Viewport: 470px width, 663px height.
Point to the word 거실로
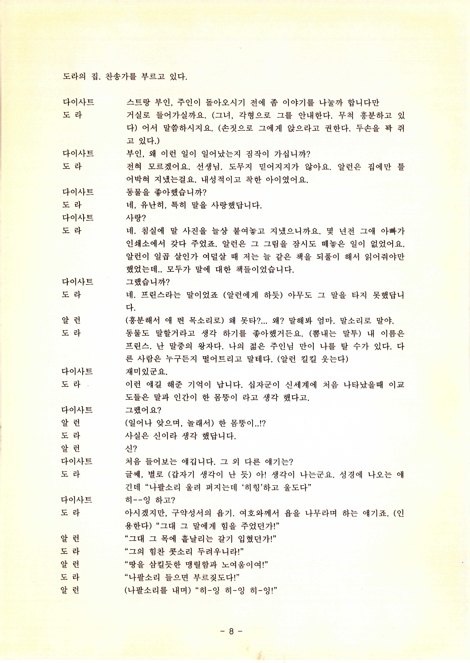pyautogui.click(x=138, y=115)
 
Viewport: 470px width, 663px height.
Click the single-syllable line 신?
pyautogui.click(x=131, y=448)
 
